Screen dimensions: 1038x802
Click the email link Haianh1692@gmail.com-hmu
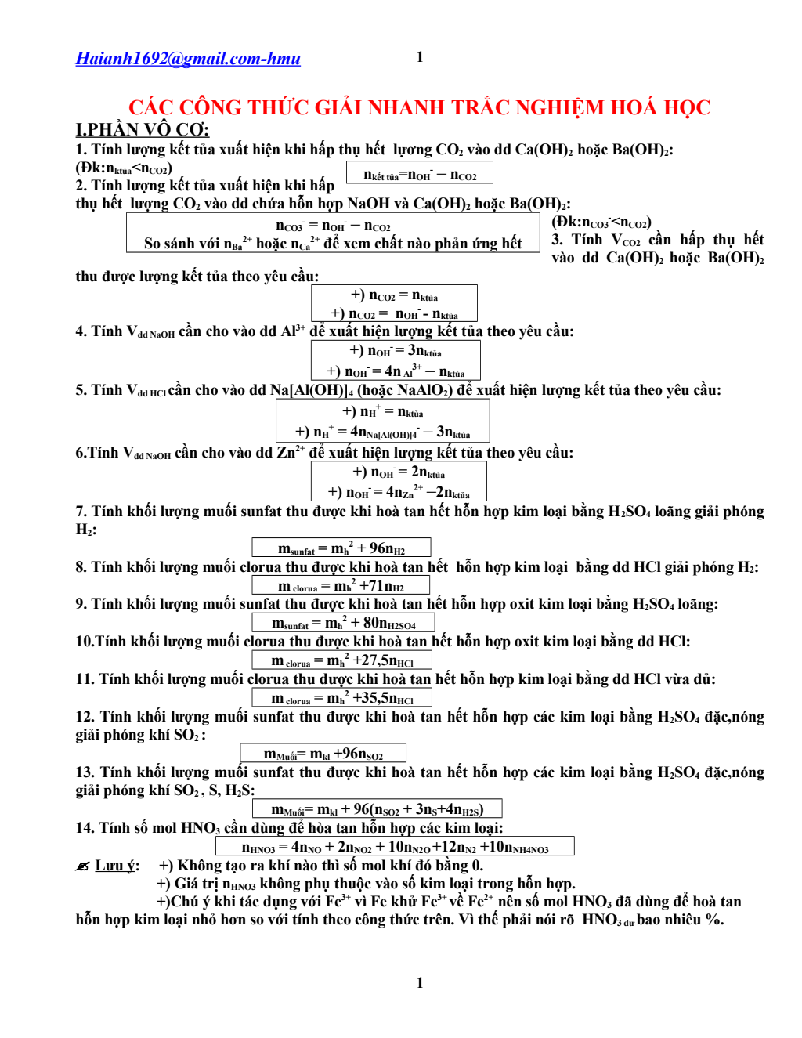point(188,59)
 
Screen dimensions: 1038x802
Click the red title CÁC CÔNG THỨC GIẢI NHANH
point(419,107)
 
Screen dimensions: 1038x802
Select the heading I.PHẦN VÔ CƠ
point(142,129)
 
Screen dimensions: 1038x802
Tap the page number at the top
point(420,56)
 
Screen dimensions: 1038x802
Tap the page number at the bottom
point(420,982)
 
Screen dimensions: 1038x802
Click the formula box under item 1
point(420,174)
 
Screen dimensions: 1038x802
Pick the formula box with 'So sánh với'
point(333,233)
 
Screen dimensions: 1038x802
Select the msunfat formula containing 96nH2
point(341,548)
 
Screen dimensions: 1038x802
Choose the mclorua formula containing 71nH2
point(341,586)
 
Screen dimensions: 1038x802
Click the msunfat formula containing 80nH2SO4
point(343,623)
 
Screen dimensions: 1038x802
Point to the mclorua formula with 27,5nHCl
point(342,660)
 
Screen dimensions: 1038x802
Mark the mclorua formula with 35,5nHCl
point(342,698)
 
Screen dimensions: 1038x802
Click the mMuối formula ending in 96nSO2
point(323,754)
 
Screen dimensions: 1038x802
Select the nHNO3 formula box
point(395,847)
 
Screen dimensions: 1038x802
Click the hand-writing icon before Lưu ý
point(83,866)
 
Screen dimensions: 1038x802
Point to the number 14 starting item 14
point(84,828)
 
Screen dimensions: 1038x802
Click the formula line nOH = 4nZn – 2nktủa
point(399,492)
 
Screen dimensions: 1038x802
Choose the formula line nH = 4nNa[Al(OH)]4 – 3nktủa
point(383,432)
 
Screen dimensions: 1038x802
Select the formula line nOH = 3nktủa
point(396,351)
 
